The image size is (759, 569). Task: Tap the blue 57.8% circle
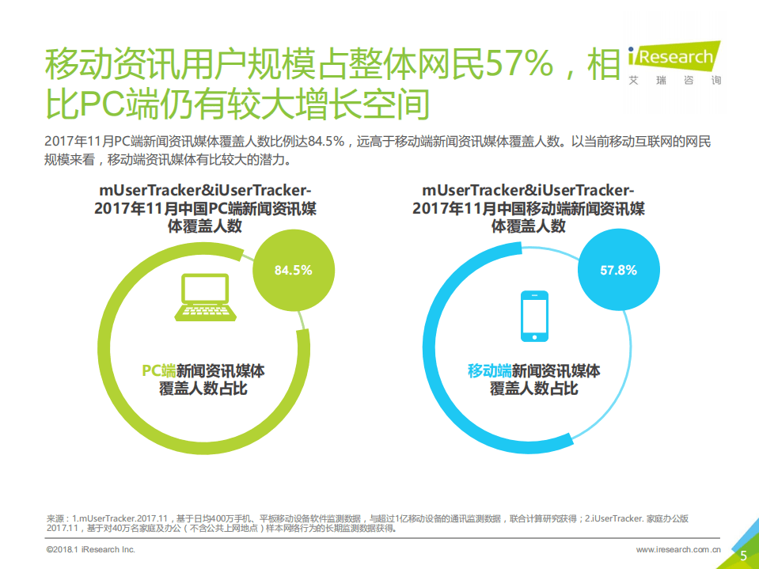[618, 270]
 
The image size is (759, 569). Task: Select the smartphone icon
[533, 316]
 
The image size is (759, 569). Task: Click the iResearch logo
[674, 57]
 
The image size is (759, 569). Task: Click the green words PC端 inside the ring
[158, 370]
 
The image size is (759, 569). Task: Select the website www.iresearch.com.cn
[678, 549]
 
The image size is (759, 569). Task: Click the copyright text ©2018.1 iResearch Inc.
[91, 549]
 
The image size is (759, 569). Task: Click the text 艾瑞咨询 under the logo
[674, 81]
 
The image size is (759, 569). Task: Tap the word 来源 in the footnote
[58, 519]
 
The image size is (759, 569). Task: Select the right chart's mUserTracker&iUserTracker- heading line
[528, 191]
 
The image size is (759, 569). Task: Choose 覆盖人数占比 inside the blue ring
[533, 389]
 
